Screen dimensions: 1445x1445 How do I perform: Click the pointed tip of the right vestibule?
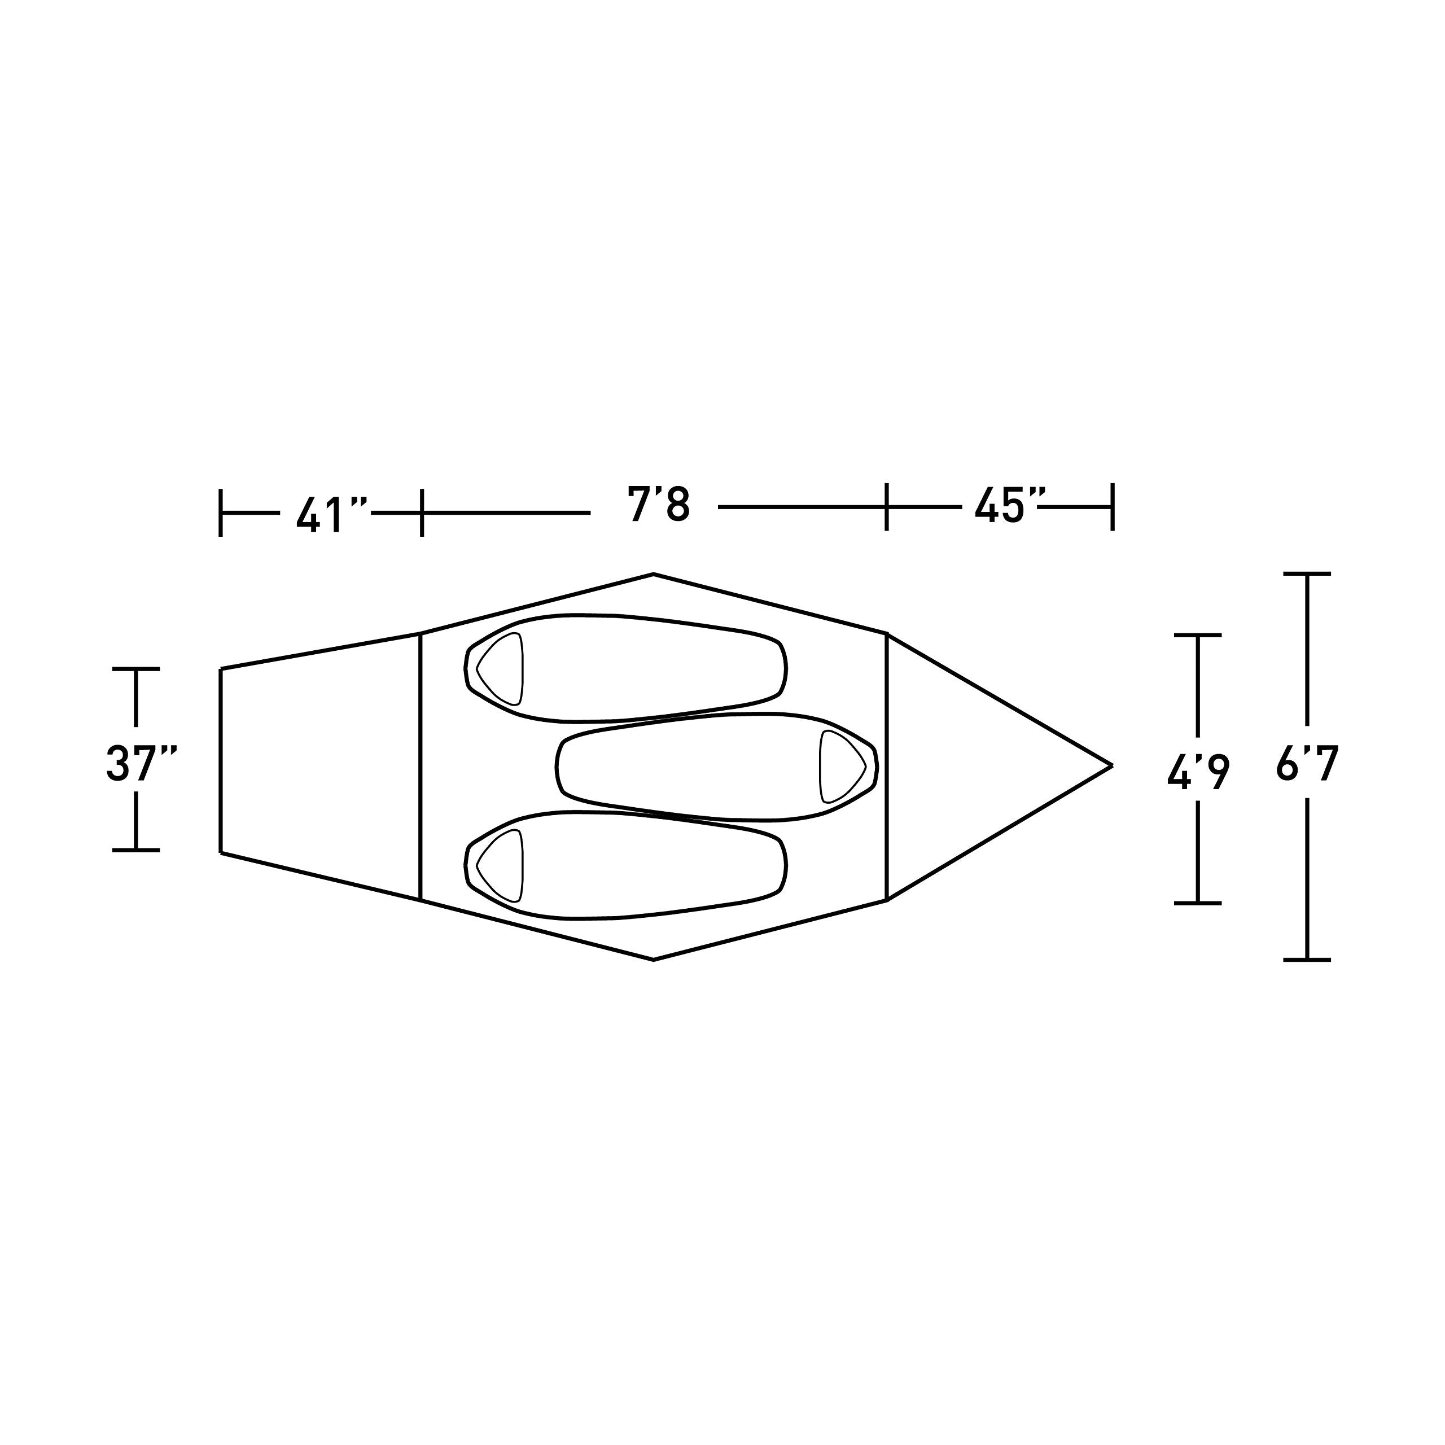pos(1112,765)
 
